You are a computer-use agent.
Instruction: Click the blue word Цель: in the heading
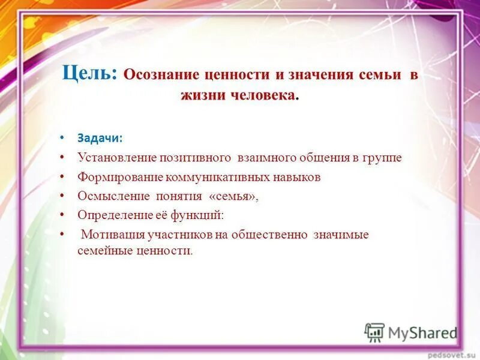pyautogui.click(x=89, y=73)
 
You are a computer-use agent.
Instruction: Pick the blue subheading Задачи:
pyautogui.click(x=100, y=138)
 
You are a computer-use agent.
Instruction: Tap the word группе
pyautogui.click(x=382, y=158)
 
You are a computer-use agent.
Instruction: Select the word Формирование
pyautogui.click(x=120, y=178)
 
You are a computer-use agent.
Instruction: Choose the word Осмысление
pyautogui.click(x=113, y=196)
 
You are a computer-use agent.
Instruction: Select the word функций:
pyautogui.click(x=197, y=215)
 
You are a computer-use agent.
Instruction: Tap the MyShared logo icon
pyautogui.click(x=374, y=332)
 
